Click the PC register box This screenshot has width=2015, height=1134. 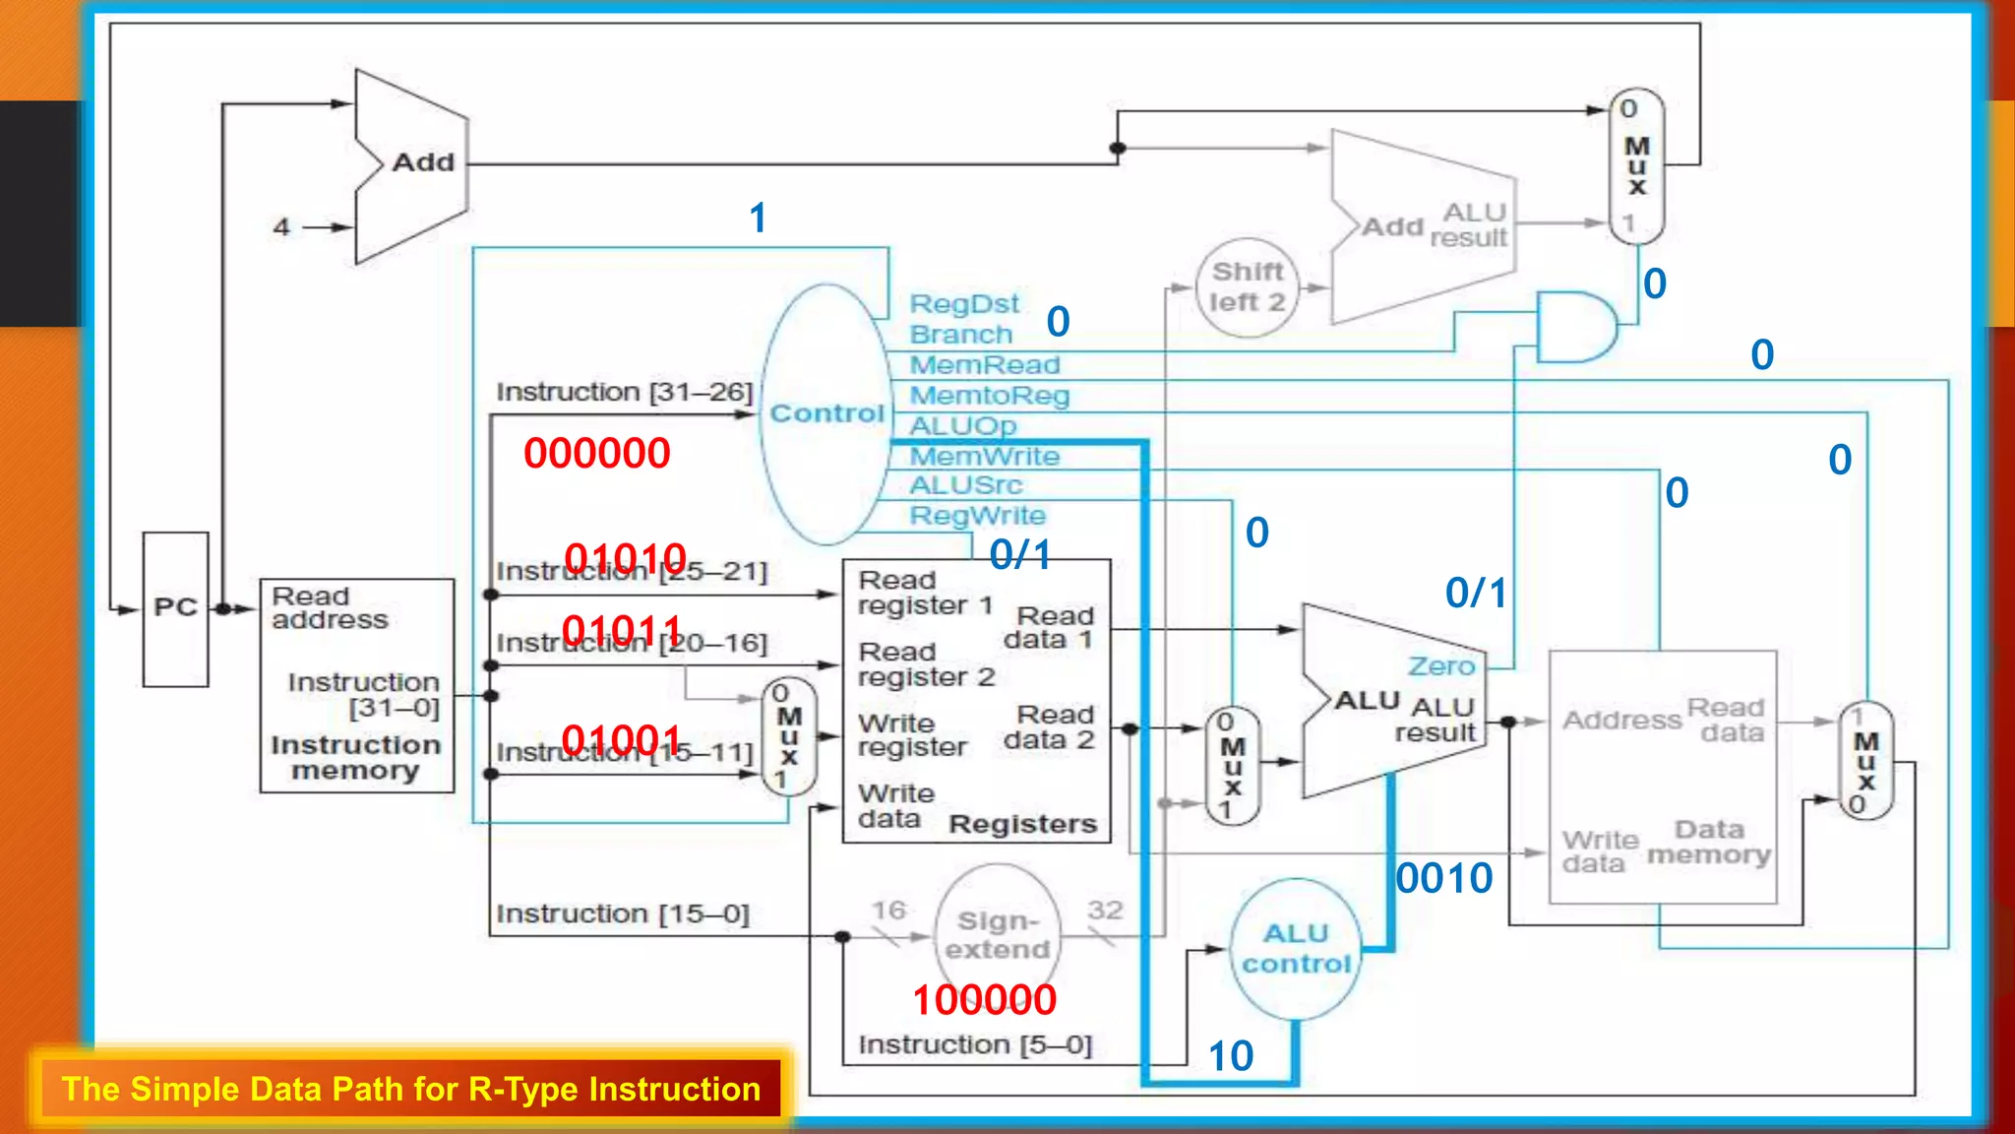(175, 608)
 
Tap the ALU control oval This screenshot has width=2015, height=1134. (1296, 949)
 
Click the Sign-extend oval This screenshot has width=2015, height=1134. (997, 934)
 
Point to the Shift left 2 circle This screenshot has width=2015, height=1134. (1247, 287)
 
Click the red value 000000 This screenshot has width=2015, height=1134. (596, 454)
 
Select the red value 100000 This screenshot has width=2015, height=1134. (984, 1000)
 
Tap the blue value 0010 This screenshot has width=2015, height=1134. (1443, 878)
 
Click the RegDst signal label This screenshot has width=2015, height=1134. (963, 304)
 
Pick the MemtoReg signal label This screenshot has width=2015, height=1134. (989, 396)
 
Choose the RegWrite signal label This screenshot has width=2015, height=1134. (977, 516)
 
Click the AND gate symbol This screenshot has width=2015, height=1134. (1574, 327)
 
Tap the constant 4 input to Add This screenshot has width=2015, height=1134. (282, 227)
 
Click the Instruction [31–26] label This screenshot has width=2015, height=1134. (624, 392)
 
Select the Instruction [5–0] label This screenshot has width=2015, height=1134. (974, 1044)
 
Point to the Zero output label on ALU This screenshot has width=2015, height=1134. (1440, 666)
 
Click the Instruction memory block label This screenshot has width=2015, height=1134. (355, 758)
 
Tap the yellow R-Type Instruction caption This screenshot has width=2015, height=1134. (410, 1089)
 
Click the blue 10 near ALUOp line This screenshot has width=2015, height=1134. (1230, 1056)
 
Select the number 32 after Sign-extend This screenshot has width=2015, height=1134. (1104, 910)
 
